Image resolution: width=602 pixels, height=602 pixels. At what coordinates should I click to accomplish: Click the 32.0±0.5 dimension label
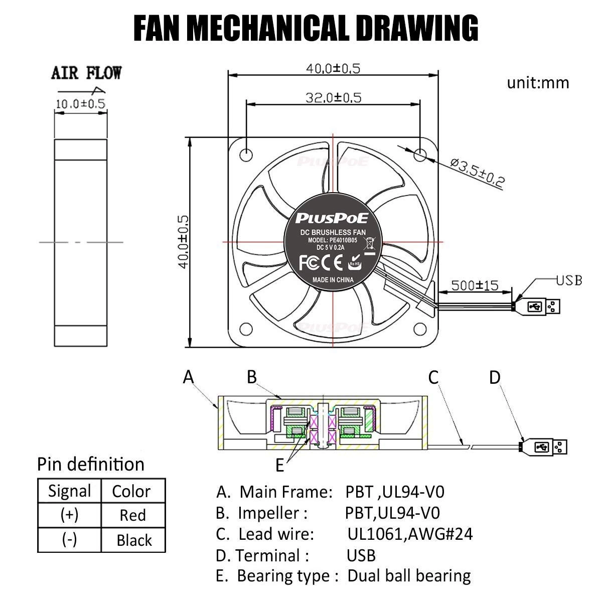point(334,97)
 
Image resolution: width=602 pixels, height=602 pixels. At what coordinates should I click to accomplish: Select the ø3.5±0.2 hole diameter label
point(477,173)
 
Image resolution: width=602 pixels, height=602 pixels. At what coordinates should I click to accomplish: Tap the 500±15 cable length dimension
point(475,285)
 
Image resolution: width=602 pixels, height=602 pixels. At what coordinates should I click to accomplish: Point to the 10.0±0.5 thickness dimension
point(80,104)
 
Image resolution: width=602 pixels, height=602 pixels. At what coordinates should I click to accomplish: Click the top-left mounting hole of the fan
point(246,154)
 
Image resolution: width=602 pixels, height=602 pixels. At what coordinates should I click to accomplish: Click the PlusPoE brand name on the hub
point(332,218)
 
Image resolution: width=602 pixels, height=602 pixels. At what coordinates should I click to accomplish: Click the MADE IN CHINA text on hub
point(333,280)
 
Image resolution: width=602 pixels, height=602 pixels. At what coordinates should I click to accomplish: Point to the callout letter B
point(252,376)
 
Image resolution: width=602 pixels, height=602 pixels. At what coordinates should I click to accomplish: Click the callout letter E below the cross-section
point(279,466)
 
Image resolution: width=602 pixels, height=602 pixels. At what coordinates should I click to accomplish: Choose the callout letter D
point(495,377)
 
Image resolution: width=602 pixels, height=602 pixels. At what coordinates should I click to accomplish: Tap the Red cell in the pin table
point(133,515)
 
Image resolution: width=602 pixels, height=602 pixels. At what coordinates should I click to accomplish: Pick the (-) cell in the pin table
point(69,540)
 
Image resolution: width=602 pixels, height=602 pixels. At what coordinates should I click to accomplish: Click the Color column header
point(131,491)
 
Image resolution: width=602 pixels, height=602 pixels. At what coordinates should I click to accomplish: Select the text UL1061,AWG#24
point(410,534)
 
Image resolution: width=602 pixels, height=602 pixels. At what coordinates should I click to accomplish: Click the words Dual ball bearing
point(409,576)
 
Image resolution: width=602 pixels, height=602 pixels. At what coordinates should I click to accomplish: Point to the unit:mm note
point(538,82)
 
